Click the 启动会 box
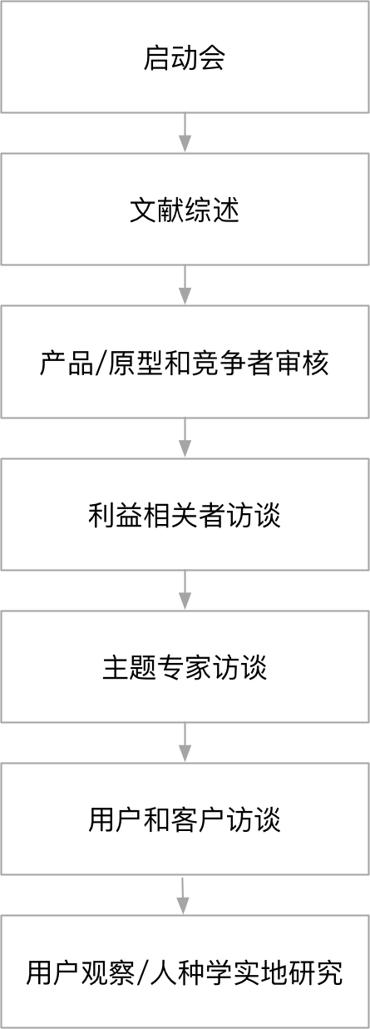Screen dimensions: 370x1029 [185, 57]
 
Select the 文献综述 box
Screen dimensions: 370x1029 [185, 209]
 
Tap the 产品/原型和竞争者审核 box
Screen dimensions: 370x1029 [185, 362]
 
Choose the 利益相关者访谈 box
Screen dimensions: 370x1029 [185, 514]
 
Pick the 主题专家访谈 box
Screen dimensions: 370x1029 [185, 666]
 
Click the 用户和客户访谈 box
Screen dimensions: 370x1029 [185, 819]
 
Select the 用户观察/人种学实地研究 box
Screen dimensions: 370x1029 [185, 972]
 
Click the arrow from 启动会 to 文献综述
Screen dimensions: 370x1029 [185, 133]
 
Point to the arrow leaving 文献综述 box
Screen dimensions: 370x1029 [185, 285]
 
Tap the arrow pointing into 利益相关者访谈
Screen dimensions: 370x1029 [185, 438]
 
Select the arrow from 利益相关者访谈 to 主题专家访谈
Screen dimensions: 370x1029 [185, 591]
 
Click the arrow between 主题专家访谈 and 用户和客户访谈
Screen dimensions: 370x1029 [185, 743]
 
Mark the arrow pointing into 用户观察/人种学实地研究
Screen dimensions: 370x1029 [183, 896]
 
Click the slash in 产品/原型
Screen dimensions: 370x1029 [101, 363]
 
